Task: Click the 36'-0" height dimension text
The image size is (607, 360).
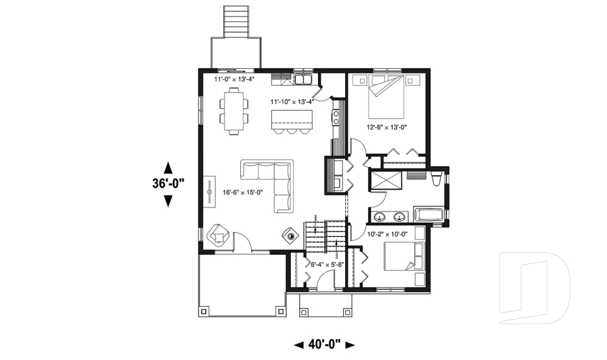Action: pos(168,184)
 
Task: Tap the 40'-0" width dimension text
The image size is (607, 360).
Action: pos(325,345)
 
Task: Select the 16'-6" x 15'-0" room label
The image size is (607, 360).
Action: pos(242,194)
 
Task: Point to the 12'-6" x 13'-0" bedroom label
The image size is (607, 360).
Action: pos(387,127)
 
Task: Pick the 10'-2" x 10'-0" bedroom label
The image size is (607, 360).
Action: pos(387,234)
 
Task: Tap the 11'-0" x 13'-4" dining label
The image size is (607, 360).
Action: pos(234,81)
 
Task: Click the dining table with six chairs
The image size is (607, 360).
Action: pos(234,111)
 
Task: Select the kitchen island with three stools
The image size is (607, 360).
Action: pos(291,121)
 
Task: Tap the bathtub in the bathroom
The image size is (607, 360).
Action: pos(429,214)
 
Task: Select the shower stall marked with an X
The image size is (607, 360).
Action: pos(385,180)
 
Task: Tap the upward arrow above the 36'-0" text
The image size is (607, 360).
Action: pos(168,168)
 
